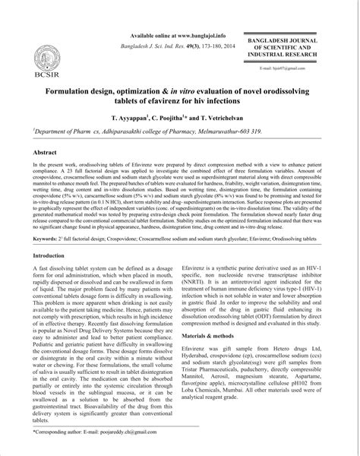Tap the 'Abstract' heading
(x=46, y=152)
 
